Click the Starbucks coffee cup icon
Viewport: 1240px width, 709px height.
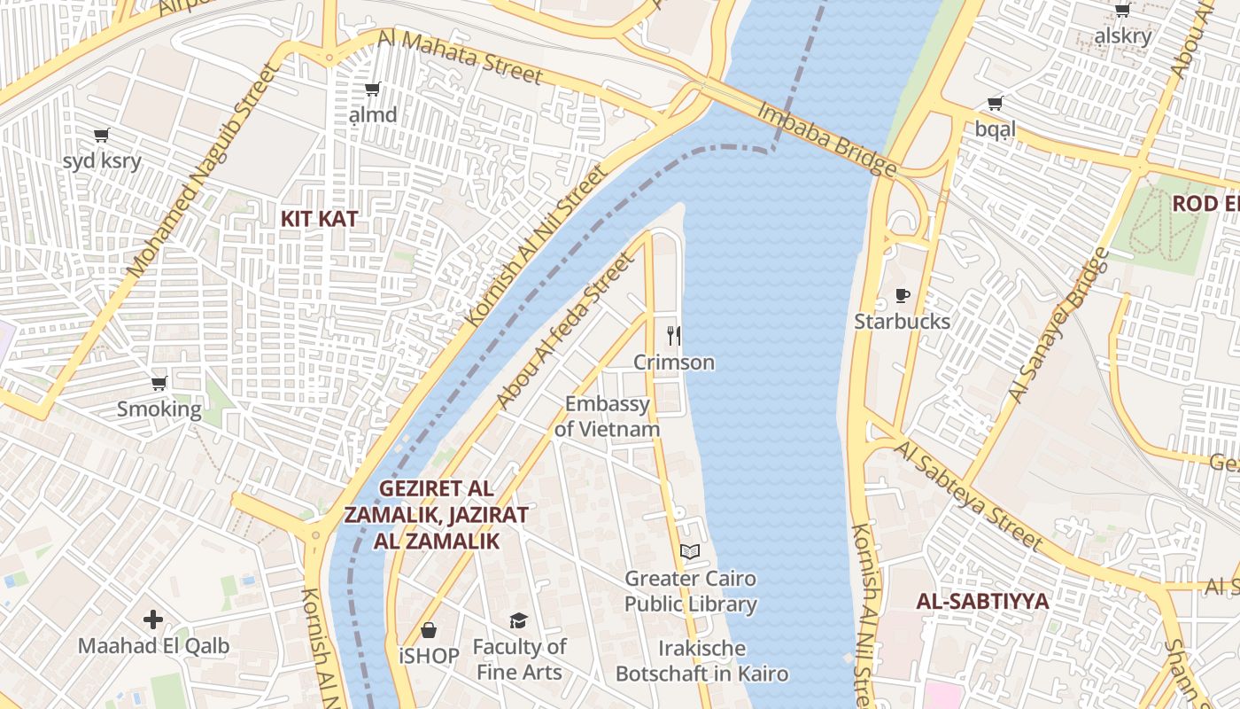[x=902, y=295]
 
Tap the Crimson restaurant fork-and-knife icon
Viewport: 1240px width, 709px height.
[x=674, y=336]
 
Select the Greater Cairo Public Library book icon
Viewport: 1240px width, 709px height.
[x=690, y=552]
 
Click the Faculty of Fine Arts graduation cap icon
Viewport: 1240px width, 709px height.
[x=518, y=620]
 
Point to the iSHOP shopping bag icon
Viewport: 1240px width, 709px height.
[x=429, y=630]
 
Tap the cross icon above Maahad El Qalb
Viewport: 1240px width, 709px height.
[x=153, y=619]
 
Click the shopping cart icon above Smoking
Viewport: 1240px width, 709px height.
[x=159, y=384]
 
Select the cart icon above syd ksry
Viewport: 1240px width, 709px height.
[x=101, y=136]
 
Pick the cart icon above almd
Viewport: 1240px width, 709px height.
[x=373, y=90]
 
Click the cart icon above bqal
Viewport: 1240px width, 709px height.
[x=996, y=104]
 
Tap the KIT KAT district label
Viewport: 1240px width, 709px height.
[x=320, y=219]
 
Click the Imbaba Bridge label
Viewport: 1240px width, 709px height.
[x=826, y=139]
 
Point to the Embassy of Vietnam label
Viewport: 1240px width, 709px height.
[x=608, y=417]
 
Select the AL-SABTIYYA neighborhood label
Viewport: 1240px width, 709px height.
[x=982, y=601]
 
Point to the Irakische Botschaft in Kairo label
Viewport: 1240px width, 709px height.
[x=701, y=661]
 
